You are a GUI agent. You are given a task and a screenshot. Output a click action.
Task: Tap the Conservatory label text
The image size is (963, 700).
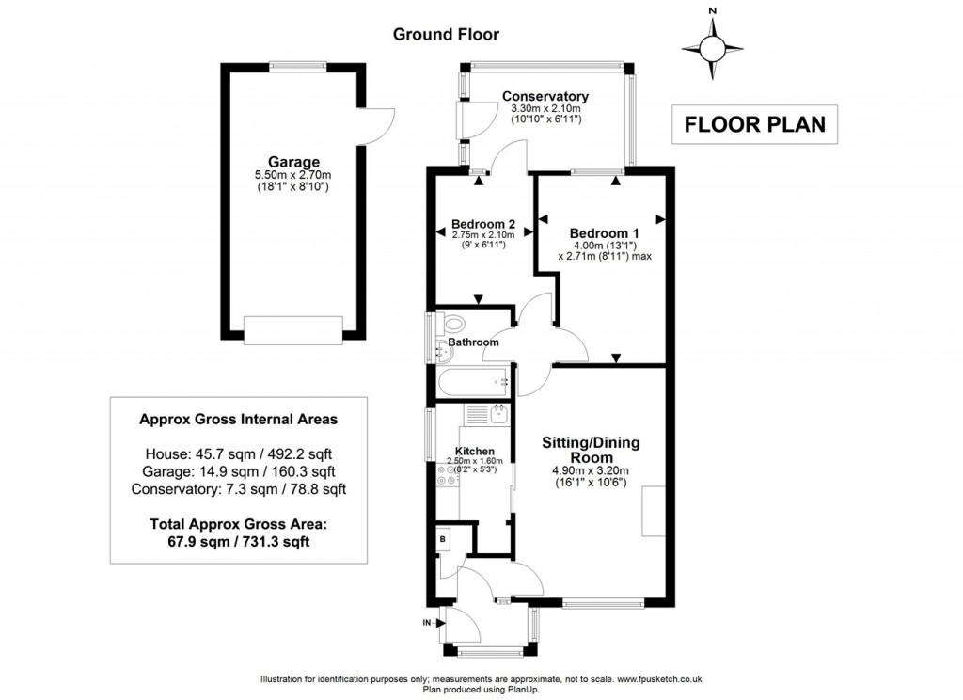pos(545,96)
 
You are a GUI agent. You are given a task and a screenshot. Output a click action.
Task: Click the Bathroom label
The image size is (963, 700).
pos(473,342)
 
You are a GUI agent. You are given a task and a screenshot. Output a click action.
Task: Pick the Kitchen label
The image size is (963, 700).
pos(475,452)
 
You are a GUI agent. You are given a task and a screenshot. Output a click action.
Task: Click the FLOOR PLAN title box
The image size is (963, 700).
pos(754,124)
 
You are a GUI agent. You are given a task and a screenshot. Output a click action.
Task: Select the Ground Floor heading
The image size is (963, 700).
pos(446,35)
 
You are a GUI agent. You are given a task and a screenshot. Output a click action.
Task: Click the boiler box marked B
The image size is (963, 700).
pos(443,540)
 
